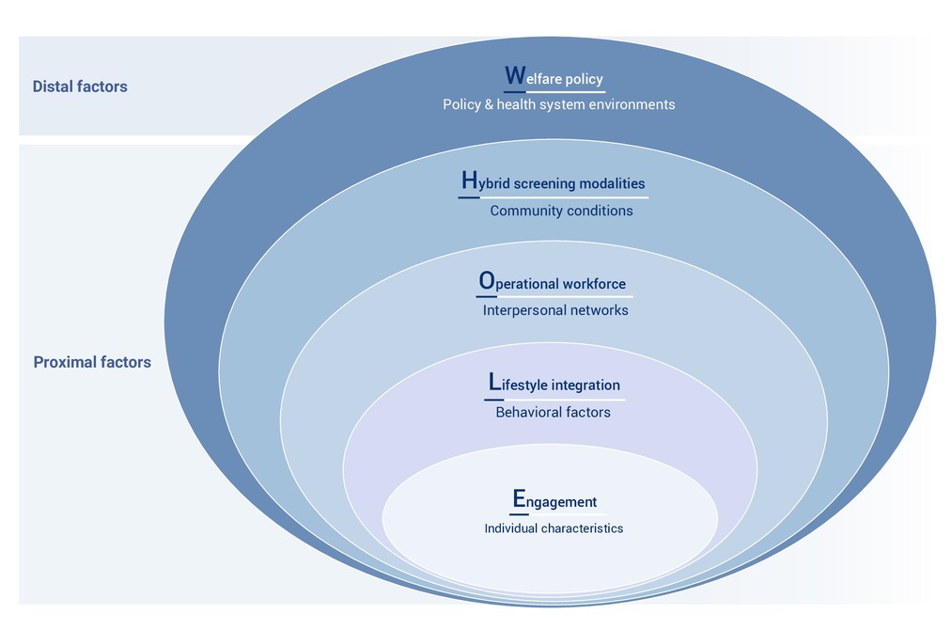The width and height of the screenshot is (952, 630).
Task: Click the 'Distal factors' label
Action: pyautogui.click(x=80, y=87)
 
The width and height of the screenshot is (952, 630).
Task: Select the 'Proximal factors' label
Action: pyautogui.click(x=92, y=362)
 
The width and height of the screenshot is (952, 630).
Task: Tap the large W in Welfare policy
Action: pyautogui.click(x=515, y=75)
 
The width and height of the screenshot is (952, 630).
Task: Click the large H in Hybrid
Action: pyautogui.click(x=469, y=180)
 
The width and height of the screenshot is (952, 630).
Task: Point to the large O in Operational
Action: pyautogui.click(x=487, y=280)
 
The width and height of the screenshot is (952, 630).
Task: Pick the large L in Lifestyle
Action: pyautogui.click(x=494, y=382)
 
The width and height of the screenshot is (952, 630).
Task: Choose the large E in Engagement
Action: pyautogui.click(x=519, y=498)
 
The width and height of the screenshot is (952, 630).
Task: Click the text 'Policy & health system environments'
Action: pyautogui.click(x=558, y=104)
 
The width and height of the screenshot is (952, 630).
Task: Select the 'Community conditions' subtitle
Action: pyautogui.click(x=562, y=211)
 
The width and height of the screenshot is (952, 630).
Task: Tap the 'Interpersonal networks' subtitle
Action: pyautogui.click(x=555, y=310)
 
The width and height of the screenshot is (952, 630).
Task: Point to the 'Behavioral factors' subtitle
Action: pyautogui.click(x=554, y=413)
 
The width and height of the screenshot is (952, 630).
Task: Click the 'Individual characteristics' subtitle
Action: pyautogui.click(x=554, y=528)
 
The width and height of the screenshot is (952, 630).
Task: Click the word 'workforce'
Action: pyautogui.click(x=594, y=284)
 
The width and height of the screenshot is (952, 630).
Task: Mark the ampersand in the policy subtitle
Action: pyautogui.click(x=489, y=104)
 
